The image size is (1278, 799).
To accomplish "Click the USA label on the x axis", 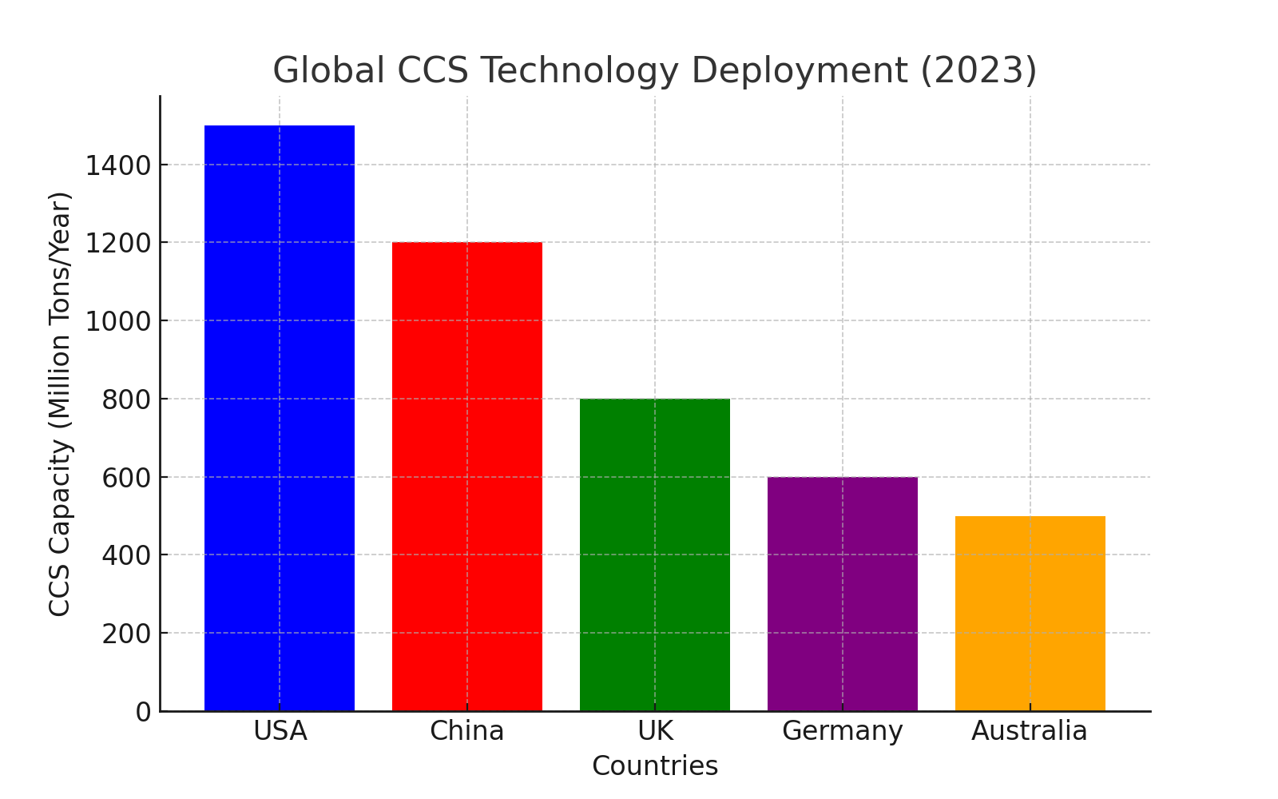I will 280,731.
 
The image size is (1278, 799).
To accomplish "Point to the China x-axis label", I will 467,731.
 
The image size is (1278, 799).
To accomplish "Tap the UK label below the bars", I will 655,731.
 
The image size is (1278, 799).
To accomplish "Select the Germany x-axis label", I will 843,731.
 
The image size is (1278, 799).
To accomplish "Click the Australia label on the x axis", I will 1030,731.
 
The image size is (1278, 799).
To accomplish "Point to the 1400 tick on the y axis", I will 117,165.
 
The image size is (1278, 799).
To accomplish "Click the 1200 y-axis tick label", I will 117,243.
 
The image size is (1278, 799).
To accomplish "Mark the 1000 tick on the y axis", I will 117,321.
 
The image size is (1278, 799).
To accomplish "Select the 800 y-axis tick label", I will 126,399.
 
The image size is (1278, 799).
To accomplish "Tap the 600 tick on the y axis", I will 126,478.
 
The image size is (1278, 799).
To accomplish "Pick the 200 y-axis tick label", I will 126,634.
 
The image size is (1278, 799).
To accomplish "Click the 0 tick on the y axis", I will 144,712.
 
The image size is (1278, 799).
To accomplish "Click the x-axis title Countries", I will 655,766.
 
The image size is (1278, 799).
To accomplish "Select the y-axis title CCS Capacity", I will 60,403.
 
